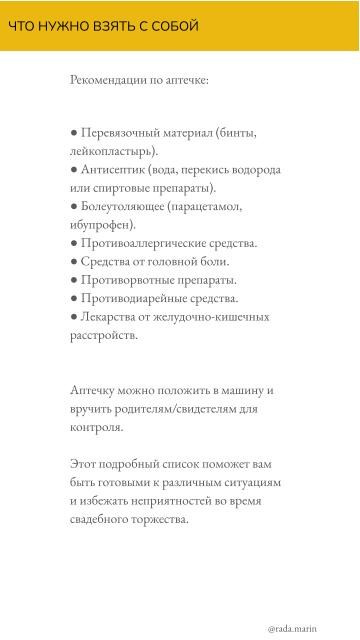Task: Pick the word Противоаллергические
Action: pyautogui.click(x=146, y=243)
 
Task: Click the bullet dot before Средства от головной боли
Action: pyautogui.click(x=74, y=261)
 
